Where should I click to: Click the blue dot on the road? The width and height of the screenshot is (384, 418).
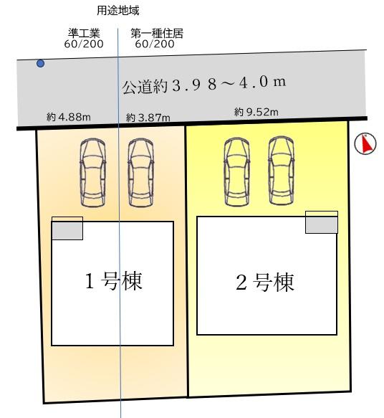tap(40, 64)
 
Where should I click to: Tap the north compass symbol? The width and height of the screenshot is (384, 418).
tap(365, 144)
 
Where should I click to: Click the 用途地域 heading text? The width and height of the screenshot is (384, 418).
tap(118, 11)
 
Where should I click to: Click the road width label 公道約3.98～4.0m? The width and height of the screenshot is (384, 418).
tap(204, 85)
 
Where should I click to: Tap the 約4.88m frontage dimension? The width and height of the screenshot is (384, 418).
tap(69, 117)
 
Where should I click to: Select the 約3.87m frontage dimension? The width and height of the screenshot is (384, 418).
tap(148, 117)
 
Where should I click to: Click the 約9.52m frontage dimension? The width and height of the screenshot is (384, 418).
tap(256, 112)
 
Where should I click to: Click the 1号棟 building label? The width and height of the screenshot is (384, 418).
tap(114, 280)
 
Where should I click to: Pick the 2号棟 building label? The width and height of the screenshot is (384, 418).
tap(265, 282)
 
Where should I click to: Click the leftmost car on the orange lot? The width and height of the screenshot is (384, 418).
tap(92, 172)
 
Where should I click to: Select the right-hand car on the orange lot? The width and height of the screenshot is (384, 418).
tap(140, 172)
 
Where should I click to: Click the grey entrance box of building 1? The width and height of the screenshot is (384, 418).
tap(67, 230)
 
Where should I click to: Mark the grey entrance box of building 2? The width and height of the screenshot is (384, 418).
tap(322, 224)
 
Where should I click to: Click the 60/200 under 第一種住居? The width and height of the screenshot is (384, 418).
tap(154, 44)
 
